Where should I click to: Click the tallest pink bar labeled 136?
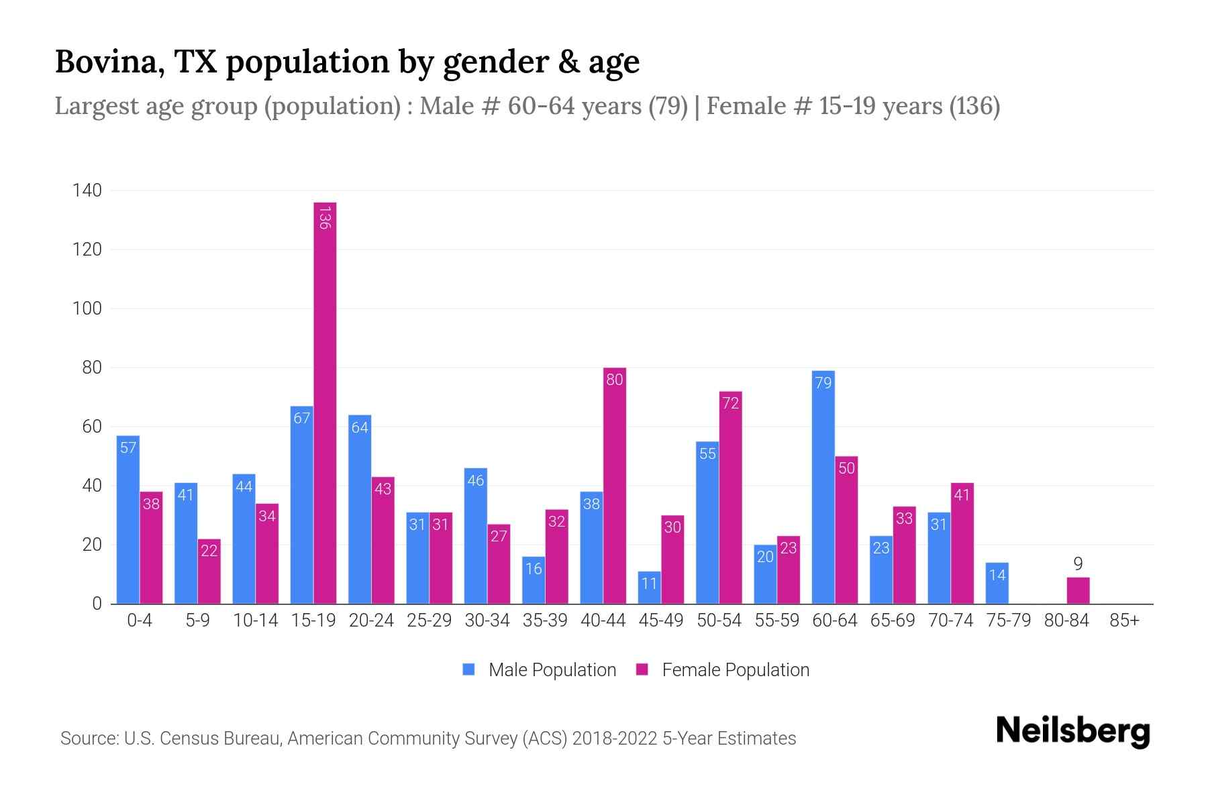pyautogui.click(x=325, y=402)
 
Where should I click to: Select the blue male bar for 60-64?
pyautogui.click(x=823, y=487)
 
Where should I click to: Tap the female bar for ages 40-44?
pyautogui.click(x=614, y=486)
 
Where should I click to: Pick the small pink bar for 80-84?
pyautogui.click(x=1078, y=591)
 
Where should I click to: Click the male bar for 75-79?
pyautogui.click(x=997, y=584)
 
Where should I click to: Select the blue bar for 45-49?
pyautogui.click(x=649, y=588)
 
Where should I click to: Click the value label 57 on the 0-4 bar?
pyautogui.click(x=128, y=447)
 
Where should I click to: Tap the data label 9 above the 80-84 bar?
pyautogui.click(x=1078, y=563)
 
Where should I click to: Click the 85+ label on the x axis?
pyautogui.click(x=1124, y=621)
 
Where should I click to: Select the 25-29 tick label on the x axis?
pyautogui.click(x=429, y=621)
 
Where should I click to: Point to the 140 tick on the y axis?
pyautogui.click(x=87, y=191)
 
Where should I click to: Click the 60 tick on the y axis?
pyautogui.click(x=92, y=427)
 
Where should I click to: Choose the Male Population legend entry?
pyautogui.click(x=552, y=670)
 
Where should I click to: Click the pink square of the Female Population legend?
pyautogui.click(x=642, y=669)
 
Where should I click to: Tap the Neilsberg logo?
pyautogui.click(x=1072, y=731)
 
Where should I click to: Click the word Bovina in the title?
pyautogui.click(x=109, y=62)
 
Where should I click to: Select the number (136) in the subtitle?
pyautogui.click(x=974, y=106)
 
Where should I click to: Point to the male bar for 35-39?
pyautogui.click(x=533, y=580)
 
